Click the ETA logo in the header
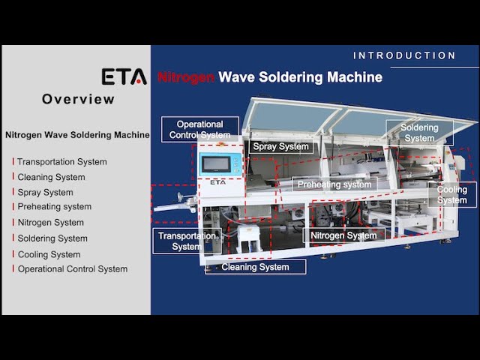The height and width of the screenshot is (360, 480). pos(124,76)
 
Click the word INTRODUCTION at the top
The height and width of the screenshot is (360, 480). pos(404,55)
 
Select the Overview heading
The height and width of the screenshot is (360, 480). pos(78,99)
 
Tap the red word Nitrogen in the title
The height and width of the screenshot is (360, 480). pos(186,77)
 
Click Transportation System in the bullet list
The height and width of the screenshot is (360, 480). pos(62,162)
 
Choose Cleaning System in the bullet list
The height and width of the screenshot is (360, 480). pos(51,178)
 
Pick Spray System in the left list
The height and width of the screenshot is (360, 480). pos(45,193)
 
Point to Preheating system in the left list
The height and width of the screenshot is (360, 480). pos(55,207)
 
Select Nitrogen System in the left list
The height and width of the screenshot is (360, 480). pos(51,223)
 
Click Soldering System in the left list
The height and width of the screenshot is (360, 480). pos(52,238)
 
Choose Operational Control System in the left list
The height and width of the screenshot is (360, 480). pos(73,269)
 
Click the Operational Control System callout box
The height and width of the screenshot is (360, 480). pos(199,130)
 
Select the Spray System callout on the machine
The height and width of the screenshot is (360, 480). pos(280,147)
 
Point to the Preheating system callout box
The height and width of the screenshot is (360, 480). pos(334,184)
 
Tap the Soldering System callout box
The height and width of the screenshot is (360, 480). pos(419,133)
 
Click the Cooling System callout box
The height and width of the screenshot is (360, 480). pos(452,195)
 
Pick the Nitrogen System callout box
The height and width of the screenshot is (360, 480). pos(343,235)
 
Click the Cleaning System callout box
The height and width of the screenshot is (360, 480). pos(255,267)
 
